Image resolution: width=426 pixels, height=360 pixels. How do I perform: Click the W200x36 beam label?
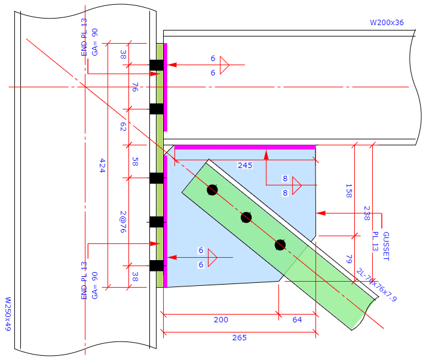point(387,23)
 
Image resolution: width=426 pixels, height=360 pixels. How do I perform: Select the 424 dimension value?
point(102,166)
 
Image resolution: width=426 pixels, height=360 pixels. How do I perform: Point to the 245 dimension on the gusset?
point(245,166)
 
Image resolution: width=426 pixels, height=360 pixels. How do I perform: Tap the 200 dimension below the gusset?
point(220,320)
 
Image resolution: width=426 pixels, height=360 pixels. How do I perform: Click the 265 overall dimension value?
point(239,338)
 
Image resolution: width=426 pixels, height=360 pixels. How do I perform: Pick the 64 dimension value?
point(297,320)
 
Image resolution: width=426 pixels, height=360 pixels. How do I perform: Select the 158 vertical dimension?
point(349,191)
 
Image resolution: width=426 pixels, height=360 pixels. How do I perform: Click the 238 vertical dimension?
point(366,213)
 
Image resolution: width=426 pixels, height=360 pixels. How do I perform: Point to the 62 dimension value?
point(123,127)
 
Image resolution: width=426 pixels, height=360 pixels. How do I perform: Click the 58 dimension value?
point(135,162)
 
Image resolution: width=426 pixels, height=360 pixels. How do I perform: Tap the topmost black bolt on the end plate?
point(157,65)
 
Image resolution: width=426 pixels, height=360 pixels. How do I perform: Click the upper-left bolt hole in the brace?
point(212,190)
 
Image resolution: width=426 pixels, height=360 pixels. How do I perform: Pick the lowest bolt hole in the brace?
point(280,245)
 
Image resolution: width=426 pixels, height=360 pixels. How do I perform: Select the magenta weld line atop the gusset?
point(244,147)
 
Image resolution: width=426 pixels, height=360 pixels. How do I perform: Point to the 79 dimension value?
point(349,258)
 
